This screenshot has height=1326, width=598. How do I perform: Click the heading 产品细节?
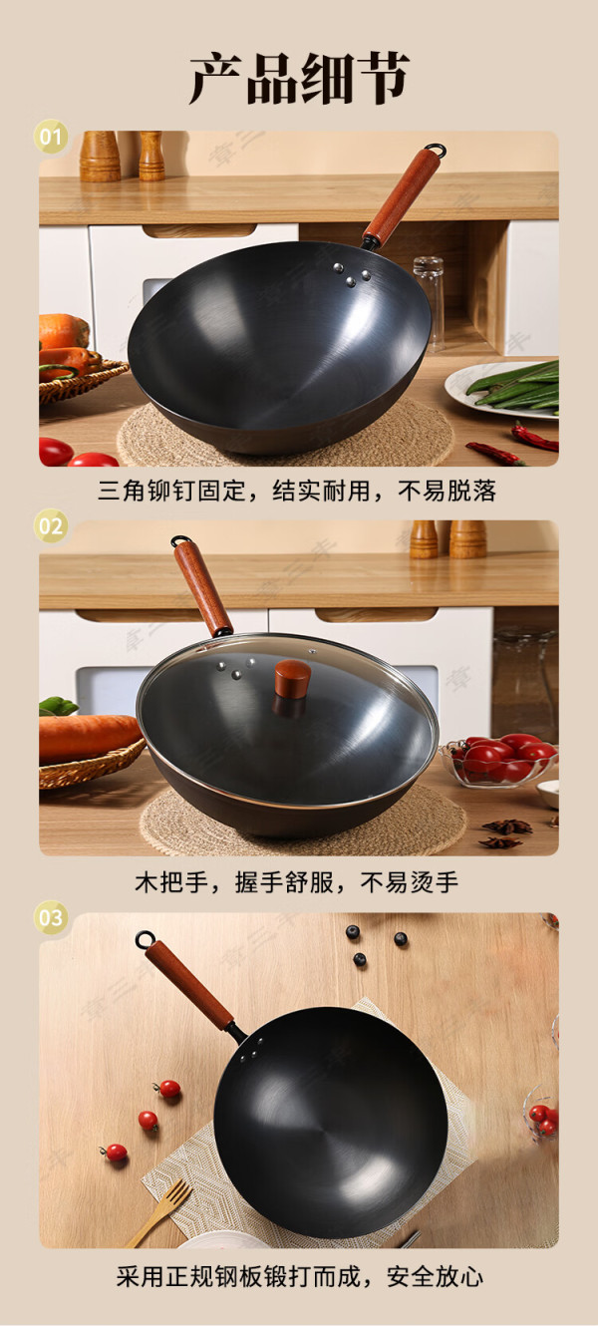[x=299, y=78]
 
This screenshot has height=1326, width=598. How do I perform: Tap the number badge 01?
[x=50, y=137]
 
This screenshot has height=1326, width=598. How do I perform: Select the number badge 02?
[x=50, y=525]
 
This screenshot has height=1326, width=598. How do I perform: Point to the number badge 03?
[x=50, y=917]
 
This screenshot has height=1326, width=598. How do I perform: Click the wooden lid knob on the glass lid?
[x=292, y=678]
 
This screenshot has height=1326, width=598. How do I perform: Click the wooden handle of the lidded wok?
[x=202, y=588]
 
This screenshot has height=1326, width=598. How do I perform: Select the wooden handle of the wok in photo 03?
[x=189, y=978]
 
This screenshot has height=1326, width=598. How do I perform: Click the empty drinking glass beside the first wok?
[x=429, y=301]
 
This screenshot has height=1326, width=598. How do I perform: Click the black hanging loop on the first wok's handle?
[x=435, y=149]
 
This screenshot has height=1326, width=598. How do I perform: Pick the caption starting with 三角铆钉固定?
[x=297, y=491]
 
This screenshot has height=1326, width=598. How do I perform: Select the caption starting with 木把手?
[x=297, y=882]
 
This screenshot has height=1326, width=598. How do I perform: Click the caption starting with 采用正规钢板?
[x=299, y=1276]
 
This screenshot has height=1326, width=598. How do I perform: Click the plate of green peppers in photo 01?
[x=502, y=389]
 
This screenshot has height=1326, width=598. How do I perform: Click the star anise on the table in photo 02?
[x=505, y=832]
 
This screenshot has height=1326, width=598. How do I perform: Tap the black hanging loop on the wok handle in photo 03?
[x=145, y=939]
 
